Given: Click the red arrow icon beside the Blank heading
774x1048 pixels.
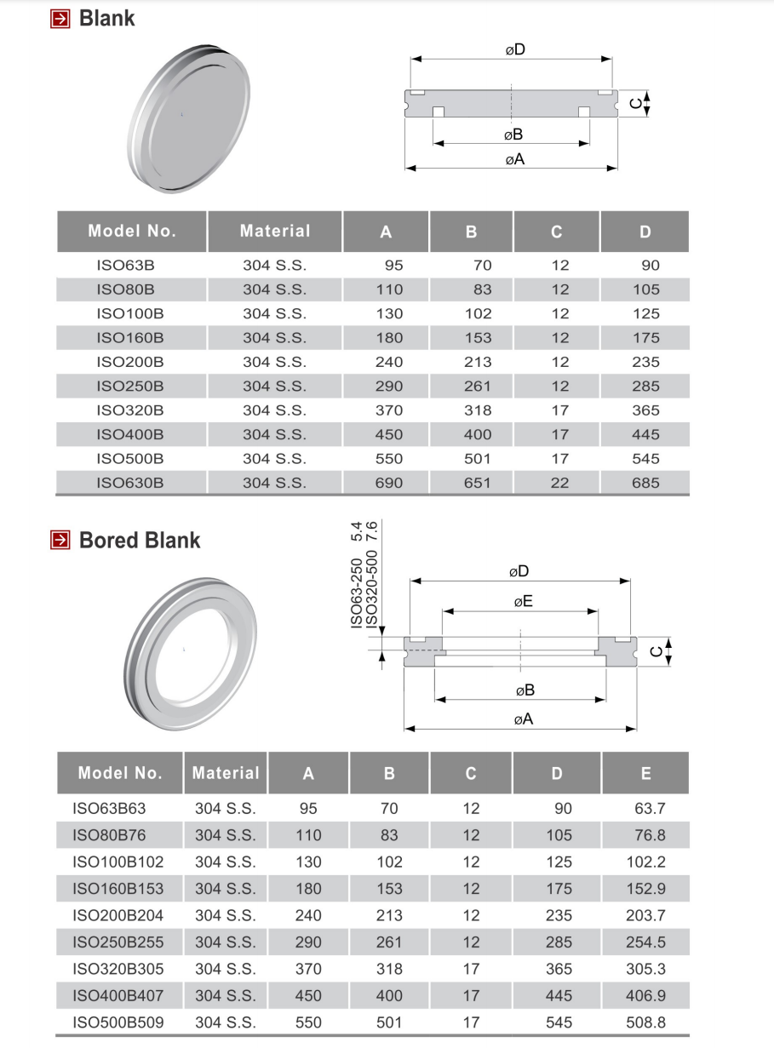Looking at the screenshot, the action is (x=60, y=19).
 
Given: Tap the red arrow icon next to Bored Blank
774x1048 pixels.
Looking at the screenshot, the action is (x=60, y=540).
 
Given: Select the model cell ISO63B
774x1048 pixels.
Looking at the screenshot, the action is (x=126, y=265).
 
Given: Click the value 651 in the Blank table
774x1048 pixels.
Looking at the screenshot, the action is (x=477, y=483).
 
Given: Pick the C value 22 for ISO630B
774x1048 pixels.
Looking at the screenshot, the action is (x=559, y=483).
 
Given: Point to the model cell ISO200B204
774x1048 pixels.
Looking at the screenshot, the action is (x=118, y=915).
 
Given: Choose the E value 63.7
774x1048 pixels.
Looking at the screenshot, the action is (x=650, y=809).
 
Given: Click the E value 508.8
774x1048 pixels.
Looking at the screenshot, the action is (x=645, y=1022).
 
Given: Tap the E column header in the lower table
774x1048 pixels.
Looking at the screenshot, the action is (x=645, y=773).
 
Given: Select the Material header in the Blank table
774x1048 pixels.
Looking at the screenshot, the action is (x=275, y=231).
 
